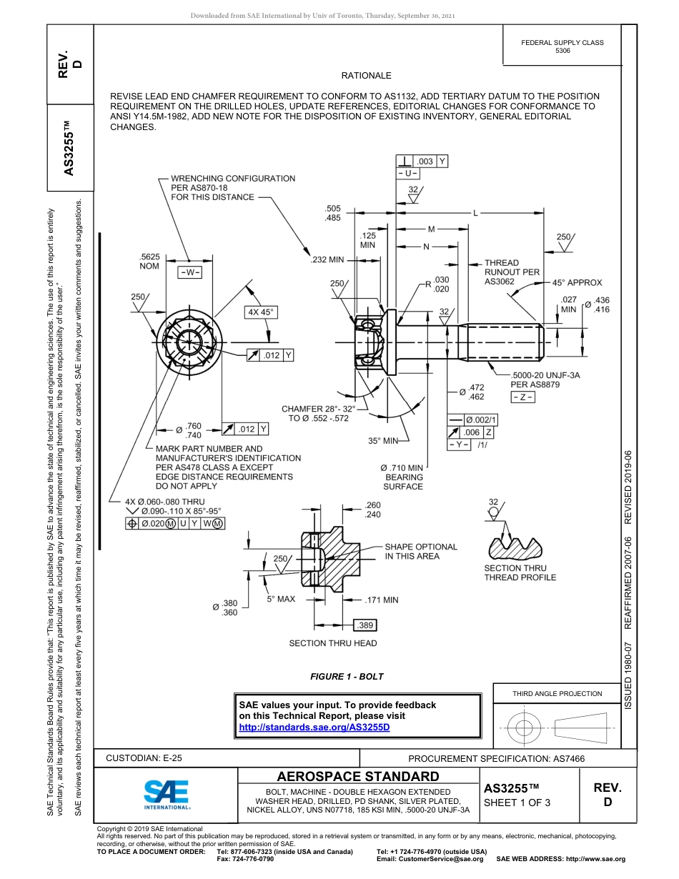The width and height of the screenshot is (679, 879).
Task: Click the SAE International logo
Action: pyautogui.click(x=166, y=793)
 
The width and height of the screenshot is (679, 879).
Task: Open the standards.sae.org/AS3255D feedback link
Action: pyautogui.click(x=314, y=727)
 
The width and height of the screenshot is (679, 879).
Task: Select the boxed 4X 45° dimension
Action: pyautogui.click(x=260, y=312)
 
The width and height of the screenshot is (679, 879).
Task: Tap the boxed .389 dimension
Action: pyautogui.click(x=365, y=625)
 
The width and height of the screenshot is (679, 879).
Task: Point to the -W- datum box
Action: pyautogui.click(x=189, y=272)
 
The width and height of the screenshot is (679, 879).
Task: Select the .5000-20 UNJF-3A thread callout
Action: pyautogui.click(x=545, y=374)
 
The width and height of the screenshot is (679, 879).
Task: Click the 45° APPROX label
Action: pyautogui.click(x=577, y=282)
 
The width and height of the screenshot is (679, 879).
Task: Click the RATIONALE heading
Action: pyautogui.click(x=366, y=75)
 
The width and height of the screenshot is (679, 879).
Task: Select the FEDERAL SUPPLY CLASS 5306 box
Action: pyautogui.click(x=562, y=46)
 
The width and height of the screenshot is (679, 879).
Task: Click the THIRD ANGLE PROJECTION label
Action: pyautogui.click(x=557, y=693)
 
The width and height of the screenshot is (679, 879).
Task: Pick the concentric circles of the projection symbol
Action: pyautogui.click(x=525, y=728)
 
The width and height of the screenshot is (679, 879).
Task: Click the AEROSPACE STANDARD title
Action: pyautogui.click(x=358, y=776)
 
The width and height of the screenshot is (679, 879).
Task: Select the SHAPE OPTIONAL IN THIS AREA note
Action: pyautogui.click(x=420, y=551)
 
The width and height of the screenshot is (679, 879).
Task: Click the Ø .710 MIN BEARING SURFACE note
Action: pyautogui.click(x=402, y=477)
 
